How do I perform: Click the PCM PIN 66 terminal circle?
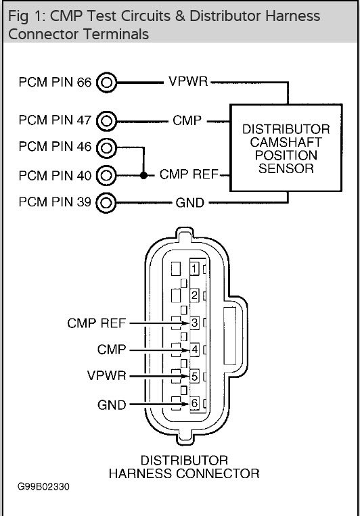[x=107, y=83]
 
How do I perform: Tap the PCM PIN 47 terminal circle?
[x=107, y=122]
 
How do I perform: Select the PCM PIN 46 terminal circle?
[x=107, y=147]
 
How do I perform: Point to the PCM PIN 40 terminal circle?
[x=107, y=175]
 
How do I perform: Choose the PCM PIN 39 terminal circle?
[x=107, y=202]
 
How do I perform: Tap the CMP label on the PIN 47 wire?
[x=187, y=122]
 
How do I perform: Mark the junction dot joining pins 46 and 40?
[x=143, y=175]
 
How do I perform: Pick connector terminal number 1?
[x=194, y=269]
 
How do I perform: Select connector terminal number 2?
[x=194, y=296]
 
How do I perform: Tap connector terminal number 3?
[x=194, y=323]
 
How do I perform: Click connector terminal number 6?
[x=194, y=403]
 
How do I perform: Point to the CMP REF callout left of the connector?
[x=96, y=323]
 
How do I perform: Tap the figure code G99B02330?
[x=43, y=486]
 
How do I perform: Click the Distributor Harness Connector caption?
[x=184, y=467]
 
